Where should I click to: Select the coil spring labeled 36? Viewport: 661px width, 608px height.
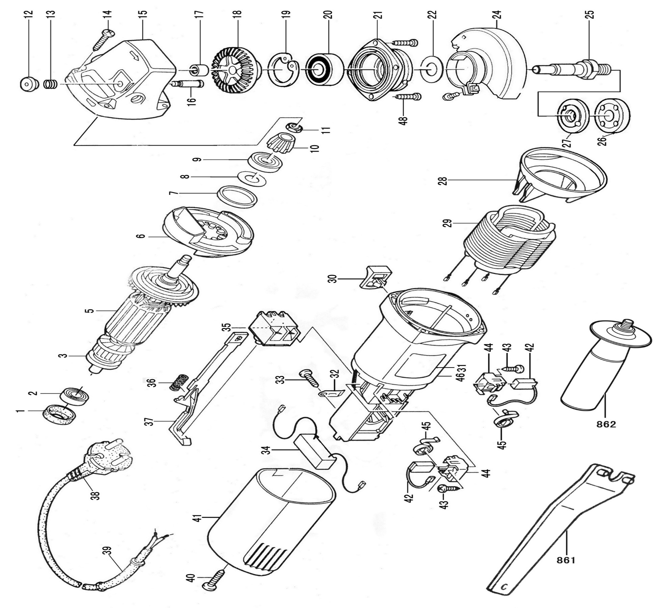pyautogui.click(x=179, y=382)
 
